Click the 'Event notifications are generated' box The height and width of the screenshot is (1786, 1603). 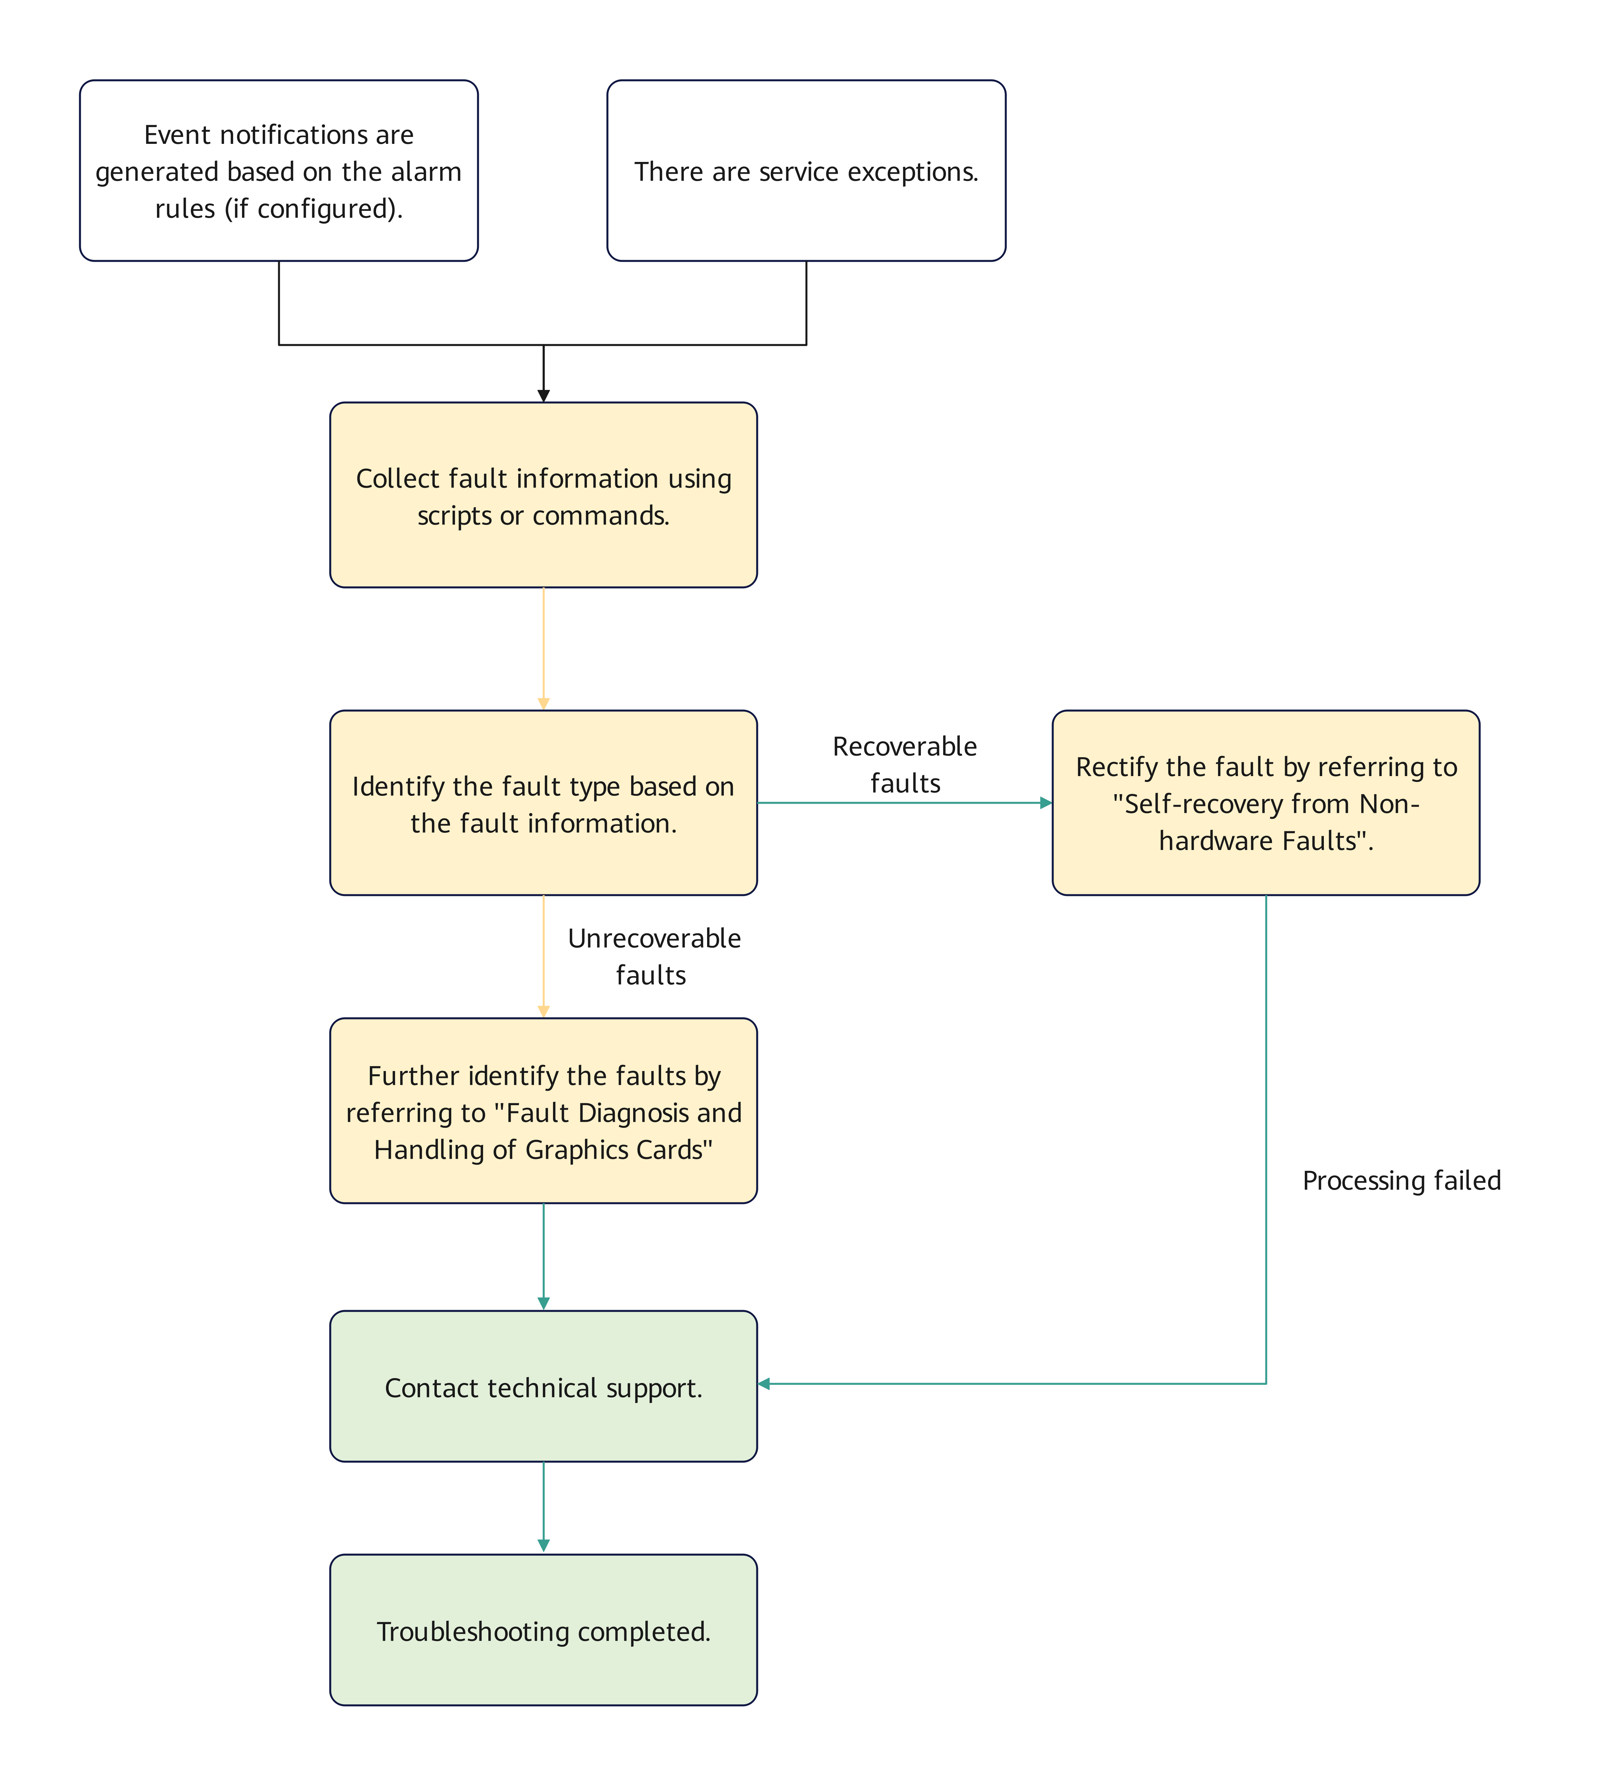click(x=278, y=171)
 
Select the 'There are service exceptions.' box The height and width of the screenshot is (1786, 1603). click(x=806, y=171)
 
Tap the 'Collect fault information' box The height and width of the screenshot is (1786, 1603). click(x=544, y=495)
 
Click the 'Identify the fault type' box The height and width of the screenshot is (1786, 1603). click(x=544, y=803)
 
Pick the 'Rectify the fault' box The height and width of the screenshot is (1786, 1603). click(x=1266, y=803)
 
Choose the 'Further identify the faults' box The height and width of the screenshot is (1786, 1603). click(x=544, y=1110)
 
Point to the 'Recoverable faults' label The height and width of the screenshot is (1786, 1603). click(x=904, y=765)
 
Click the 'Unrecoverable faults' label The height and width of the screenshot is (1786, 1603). click(x=654, y=956)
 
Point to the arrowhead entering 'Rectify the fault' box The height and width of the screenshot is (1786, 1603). click(x=1046, y=803)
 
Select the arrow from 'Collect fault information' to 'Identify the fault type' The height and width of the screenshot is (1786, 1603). click(x=544, y=649)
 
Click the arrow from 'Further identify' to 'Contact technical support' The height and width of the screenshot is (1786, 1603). click(x=544, y=1257)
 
